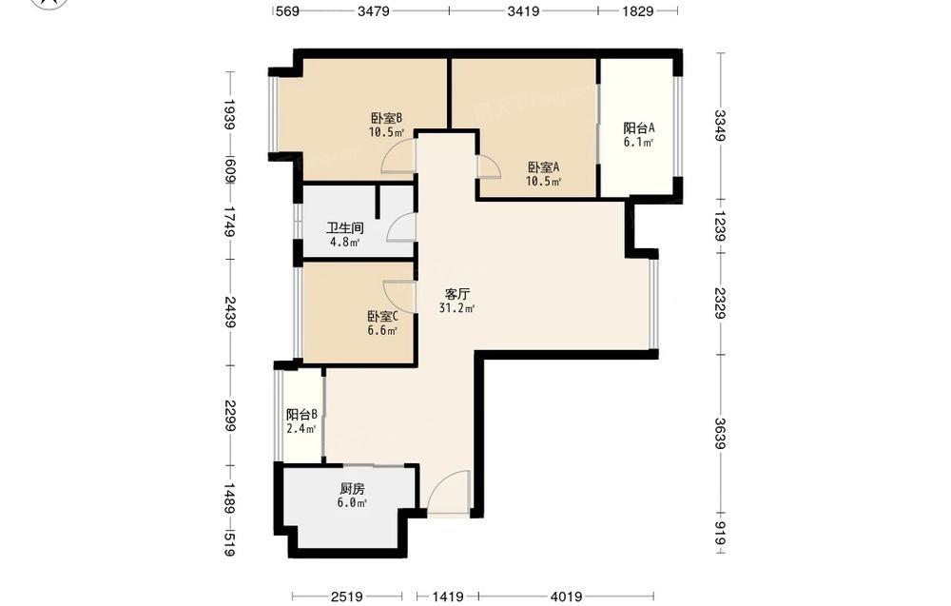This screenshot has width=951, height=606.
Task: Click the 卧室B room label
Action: click(x=386, y=118)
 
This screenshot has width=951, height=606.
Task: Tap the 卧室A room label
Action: click(x=543, y=166)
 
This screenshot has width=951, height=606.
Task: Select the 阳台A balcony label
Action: click(x=639, y=128)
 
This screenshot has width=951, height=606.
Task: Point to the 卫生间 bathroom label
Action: click(x=345, y=228)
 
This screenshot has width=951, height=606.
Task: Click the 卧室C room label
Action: click(x=382, y=316)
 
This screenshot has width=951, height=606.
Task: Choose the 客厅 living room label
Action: click(x=457, y=294)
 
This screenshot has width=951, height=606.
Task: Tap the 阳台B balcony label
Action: click(x=302, y=415)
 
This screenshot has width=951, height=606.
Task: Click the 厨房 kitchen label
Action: click(x=352, y=489)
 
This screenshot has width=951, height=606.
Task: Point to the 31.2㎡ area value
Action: click(x=456, y=308)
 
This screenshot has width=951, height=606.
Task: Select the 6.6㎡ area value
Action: click(x=382, y=331)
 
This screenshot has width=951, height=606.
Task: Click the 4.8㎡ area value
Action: click(x=344, y=243)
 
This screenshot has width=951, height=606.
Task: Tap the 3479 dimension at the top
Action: click(x=373, y=10)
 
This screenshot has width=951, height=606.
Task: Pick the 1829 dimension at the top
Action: click(x=637, y=10)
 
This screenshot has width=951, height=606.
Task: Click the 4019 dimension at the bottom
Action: click(x=567, y=596)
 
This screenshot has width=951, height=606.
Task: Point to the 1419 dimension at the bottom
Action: click(x=448, y=596)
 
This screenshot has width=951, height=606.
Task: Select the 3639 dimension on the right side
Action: click(x=720, y=434)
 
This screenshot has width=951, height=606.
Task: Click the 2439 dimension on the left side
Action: click(x=230, y=312)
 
